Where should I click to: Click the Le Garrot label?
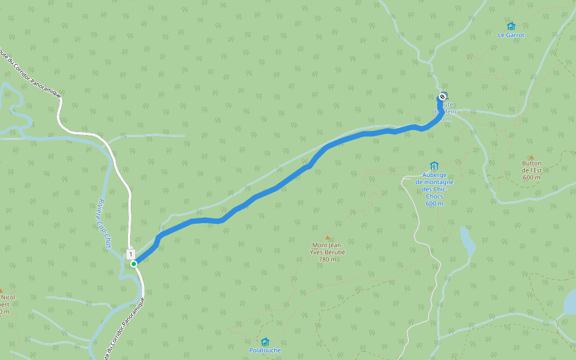[x=511, y=35]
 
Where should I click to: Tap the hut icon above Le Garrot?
[x=511, y=26]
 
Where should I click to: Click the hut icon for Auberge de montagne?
[x=434, y=166]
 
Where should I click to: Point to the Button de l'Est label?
[x=531, y=166]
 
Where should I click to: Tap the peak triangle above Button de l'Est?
[x=531, y=157]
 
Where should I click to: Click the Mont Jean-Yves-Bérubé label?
[x=328, y=248]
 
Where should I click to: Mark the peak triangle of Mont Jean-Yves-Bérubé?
[x=328, y=238]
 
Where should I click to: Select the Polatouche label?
[x=265, y=350]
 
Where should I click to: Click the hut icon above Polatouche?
[x=265, y=341]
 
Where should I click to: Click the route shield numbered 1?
[x=130, y=254]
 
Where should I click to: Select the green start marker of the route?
[x=134, y=263]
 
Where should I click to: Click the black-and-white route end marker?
[x=442, y=97]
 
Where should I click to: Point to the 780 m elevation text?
[x=328, y=260]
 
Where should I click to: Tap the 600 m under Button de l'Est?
[x=531, y=177]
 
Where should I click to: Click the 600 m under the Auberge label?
[x=434, y=203]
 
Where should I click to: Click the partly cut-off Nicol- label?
[x=8, y=297]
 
